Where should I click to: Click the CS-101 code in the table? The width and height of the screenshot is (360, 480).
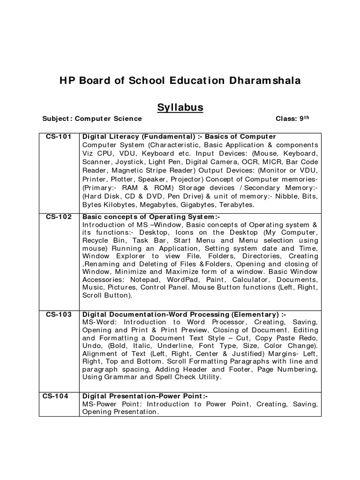click(59, 137)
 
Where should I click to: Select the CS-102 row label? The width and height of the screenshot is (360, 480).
click(59, 217)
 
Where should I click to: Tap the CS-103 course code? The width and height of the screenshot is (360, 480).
click(59, 314)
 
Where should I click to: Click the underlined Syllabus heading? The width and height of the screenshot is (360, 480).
click(180, 108)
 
